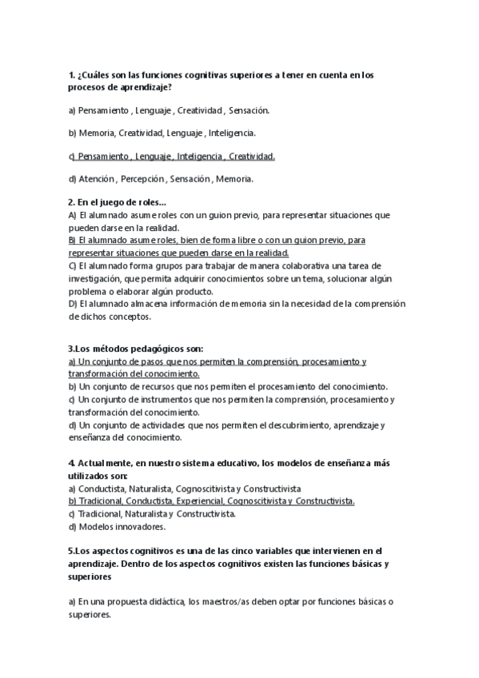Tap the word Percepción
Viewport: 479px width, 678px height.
tap(142, 179)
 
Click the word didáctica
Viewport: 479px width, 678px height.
tap(166, 602)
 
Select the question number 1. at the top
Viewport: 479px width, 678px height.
tap(71, 75)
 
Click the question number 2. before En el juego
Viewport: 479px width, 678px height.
tap(71, 203)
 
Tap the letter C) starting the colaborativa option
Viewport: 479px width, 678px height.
tap(72, 265)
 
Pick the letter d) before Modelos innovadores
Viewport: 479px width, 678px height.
tap(72, 527)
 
